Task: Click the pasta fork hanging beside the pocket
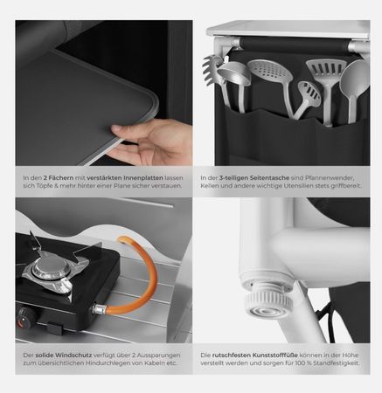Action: (212, 70)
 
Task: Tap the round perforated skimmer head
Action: (270, 72)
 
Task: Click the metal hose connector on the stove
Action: (100, 309)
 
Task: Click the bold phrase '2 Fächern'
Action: (59, 177)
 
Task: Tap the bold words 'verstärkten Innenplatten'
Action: (125, 177)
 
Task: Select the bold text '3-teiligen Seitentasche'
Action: (254, 177)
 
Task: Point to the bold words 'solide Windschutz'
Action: (64, 355)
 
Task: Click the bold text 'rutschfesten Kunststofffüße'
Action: (255, 355)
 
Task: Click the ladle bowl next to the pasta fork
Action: (233, 73)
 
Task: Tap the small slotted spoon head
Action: (309, 93)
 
